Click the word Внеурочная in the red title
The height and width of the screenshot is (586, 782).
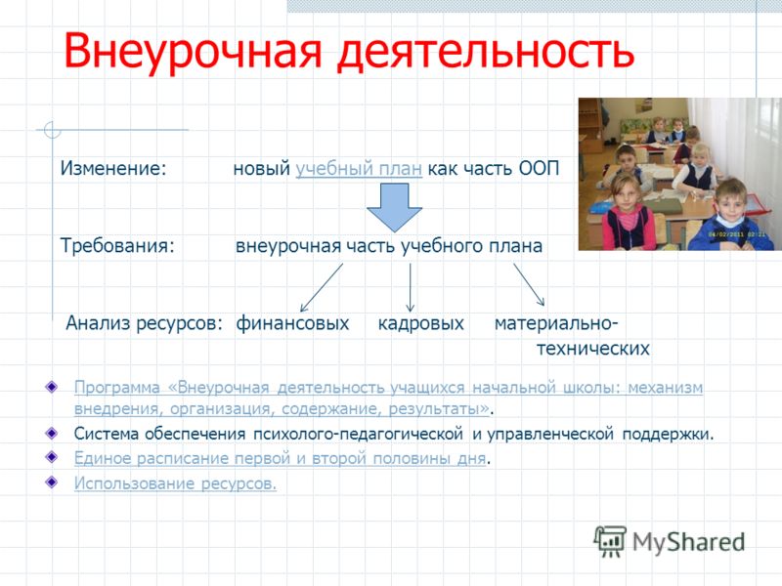tap(193, 51)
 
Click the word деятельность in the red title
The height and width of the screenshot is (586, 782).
tap(486, 51)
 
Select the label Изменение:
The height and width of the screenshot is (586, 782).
tap(113, 168)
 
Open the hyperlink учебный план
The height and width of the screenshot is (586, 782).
tap(359, 168)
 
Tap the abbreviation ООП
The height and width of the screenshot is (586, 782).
tap(540, 168)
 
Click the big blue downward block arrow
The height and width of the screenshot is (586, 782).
tap(395, 207)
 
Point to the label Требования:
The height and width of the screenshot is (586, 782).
tap(117, 246)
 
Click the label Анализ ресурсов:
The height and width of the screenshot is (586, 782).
tap(144, 323)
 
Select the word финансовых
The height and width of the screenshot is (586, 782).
tap(292, 323)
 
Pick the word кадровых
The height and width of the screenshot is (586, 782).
tap(421, 323)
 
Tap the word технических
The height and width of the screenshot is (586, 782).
tap(593, 349)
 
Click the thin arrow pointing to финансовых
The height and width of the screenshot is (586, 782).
tap(322, 287)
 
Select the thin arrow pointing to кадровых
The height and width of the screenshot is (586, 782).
tap(410, 287)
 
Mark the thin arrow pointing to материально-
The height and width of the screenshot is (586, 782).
tap(529, 284)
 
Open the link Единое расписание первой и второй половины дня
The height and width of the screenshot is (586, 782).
tap(280, 458)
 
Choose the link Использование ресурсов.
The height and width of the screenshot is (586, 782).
tap(175, 482)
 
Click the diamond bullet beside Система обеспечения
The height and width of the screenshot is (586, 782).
tap(52, 433)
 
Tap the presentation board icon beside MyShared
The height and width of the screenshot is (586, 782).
tap(610, 541)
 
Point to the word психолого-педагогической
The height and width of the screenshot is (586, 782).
tap(358, 434)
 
